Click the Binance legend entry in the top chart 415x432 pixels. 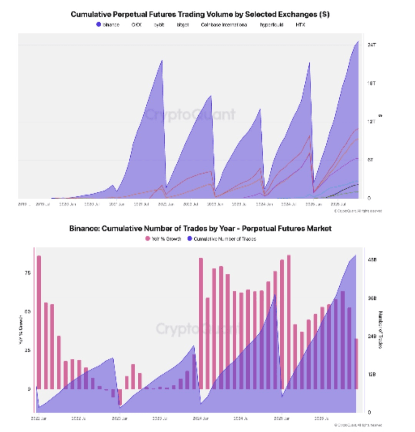[x=108, y=25]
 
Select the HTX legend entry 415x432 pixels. [x=300, y=25]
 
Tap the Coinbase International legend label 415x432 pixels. [x=224, y=25]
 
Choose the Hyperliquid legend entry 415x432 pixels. [x=271, y=25]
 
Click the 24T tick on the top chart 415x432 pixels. [x=372, y=45]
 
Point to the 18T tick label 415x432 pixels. [x=372, y=83]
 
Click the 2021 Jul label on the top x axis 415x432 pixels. [x=141, y=204]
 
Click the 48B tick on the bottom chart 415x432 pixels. [x=372, y=260]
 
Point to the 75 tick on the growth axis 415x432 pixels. [x=27, y=273]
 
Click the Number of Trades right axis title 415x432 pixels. [x=380, y=329]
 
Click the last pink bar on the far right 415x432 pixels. [x=356, y=364]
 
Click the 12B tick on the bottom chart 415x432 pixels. [x=372, y=374]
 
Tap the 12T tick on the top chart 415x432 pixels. [x=372, y=122]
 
